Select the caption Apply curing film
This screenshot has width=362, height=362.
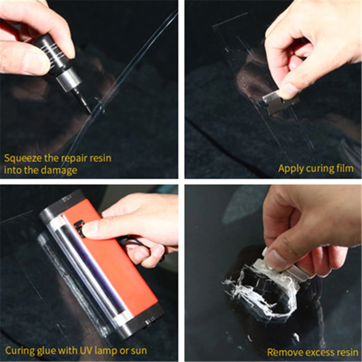click(315, 168)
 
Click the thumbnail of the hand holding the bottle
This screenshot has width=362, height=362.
click(36, 63)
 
